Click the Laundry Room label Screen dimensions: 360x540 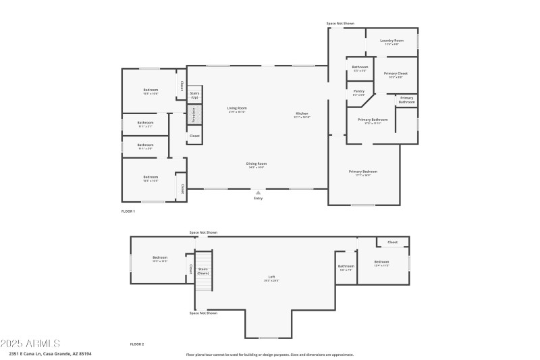(x=391, y=41)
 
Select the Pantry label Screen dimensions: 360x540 (x=358, y=91)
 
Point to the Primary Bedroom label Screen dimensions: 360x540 (x=362, y=172)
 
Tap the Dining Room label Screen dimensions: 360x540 (x=256, y=163)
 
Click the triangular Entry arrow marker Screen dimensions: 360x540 (x=258, y=192)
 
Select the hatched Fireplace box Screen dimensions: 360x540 (x=194, y=114)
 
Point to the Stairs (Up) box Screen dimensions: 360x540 (x=194, y=95)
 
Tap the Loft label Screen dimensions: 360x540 (x=271, y=277)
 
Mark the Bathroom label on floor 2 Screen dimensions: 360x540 (x=346, y=266)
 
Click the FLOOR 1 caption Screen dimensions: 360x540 (x=128, y=211)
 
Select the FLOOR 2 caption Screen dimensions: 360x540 (x=137, y=344)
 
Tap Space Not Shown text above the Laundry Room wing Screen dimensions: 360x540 (x=340, y=23)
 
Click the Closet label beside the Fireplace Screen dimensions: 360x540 (x=194, y=136)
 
